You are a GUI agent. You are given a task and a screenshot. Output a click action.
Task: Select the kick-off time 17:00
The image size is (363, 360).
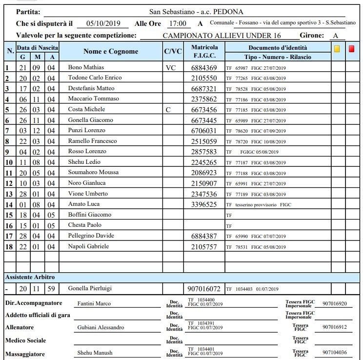point(177,23)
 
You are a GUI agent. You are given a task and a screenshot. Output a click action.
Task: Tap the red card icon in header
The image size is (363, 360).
point(352,49)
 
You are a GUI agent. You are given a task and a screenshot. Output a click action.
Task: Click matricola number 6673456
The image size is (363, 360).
point(204,109)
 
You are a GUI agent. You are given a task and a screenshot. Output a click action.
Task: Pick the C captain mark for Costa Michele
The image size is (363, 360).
point(168,109)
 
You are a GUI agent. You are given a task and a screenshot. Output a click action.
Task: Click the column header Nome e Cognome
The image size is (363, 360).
point(111,52)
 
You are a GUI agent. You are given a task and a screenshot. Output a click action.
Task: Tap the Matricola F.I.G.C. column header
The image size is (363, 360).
point(204,52)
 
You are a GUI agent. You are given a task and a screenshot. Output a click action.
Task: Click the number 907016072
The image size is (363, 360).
point(204,288)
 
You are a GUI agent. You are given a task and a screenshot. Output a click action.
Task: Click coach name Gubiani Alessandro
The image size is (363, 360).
point(101,327)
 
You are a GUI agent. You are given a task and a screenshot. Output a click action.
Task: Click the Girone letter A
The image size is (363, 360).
point(335,36)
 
